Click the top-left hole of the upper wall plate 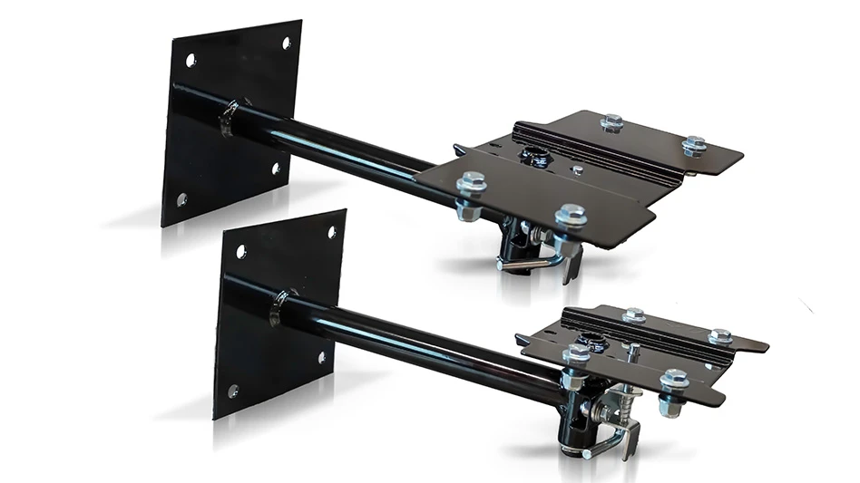[x=191, y=61]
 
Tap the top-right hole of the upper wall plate [x=287, y=43]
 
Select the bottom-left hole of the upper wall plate [x=181, y=198]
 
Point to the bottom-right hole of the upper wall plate [x=276, y=168]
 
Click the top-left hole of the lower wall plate [x=241, y=251]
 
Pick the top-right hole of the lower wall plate [x=333, y=231]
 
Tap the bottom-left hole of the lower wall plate [x=233, y=391]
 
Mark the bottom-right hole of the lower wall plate [x=322, y=357]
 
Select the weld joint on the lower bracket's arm [x=283, y=305]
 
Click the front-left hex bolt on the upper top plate [x=472, y=184]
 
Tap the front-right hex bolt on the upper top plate [x=571, y=216]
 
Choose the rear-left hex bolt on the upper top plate [x=611, y=121]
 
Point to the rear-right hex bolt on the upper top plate [x=694, y=143]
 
